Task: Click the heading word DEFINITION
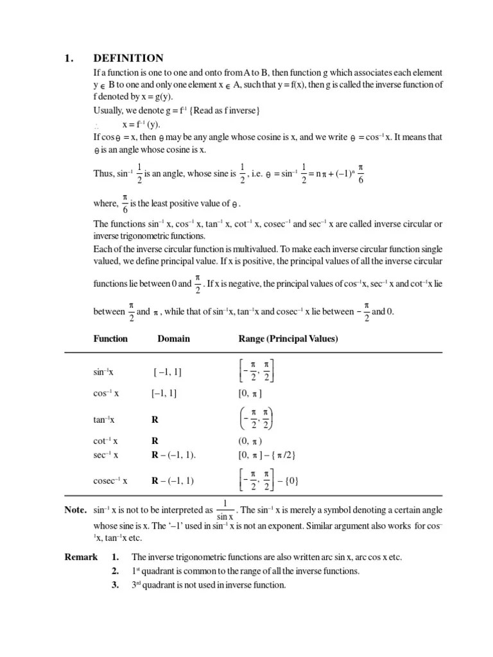128,58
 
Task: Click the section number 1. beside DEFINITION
69,58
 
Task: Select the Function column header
110,339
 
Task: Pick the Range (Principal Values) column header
288,339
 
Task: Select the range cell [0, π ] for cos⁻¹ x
250,393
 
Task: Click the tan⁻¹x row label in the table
104,420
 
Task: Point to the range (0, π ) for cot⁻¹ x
250,441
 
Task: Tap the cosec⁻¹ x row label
110,480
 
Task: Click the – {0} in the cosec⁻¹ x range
286,480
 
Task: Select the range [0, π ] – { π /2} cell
266,454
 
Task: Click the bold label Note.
75,510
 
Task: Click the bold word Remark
81,557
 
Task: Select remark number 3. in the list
115,585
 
